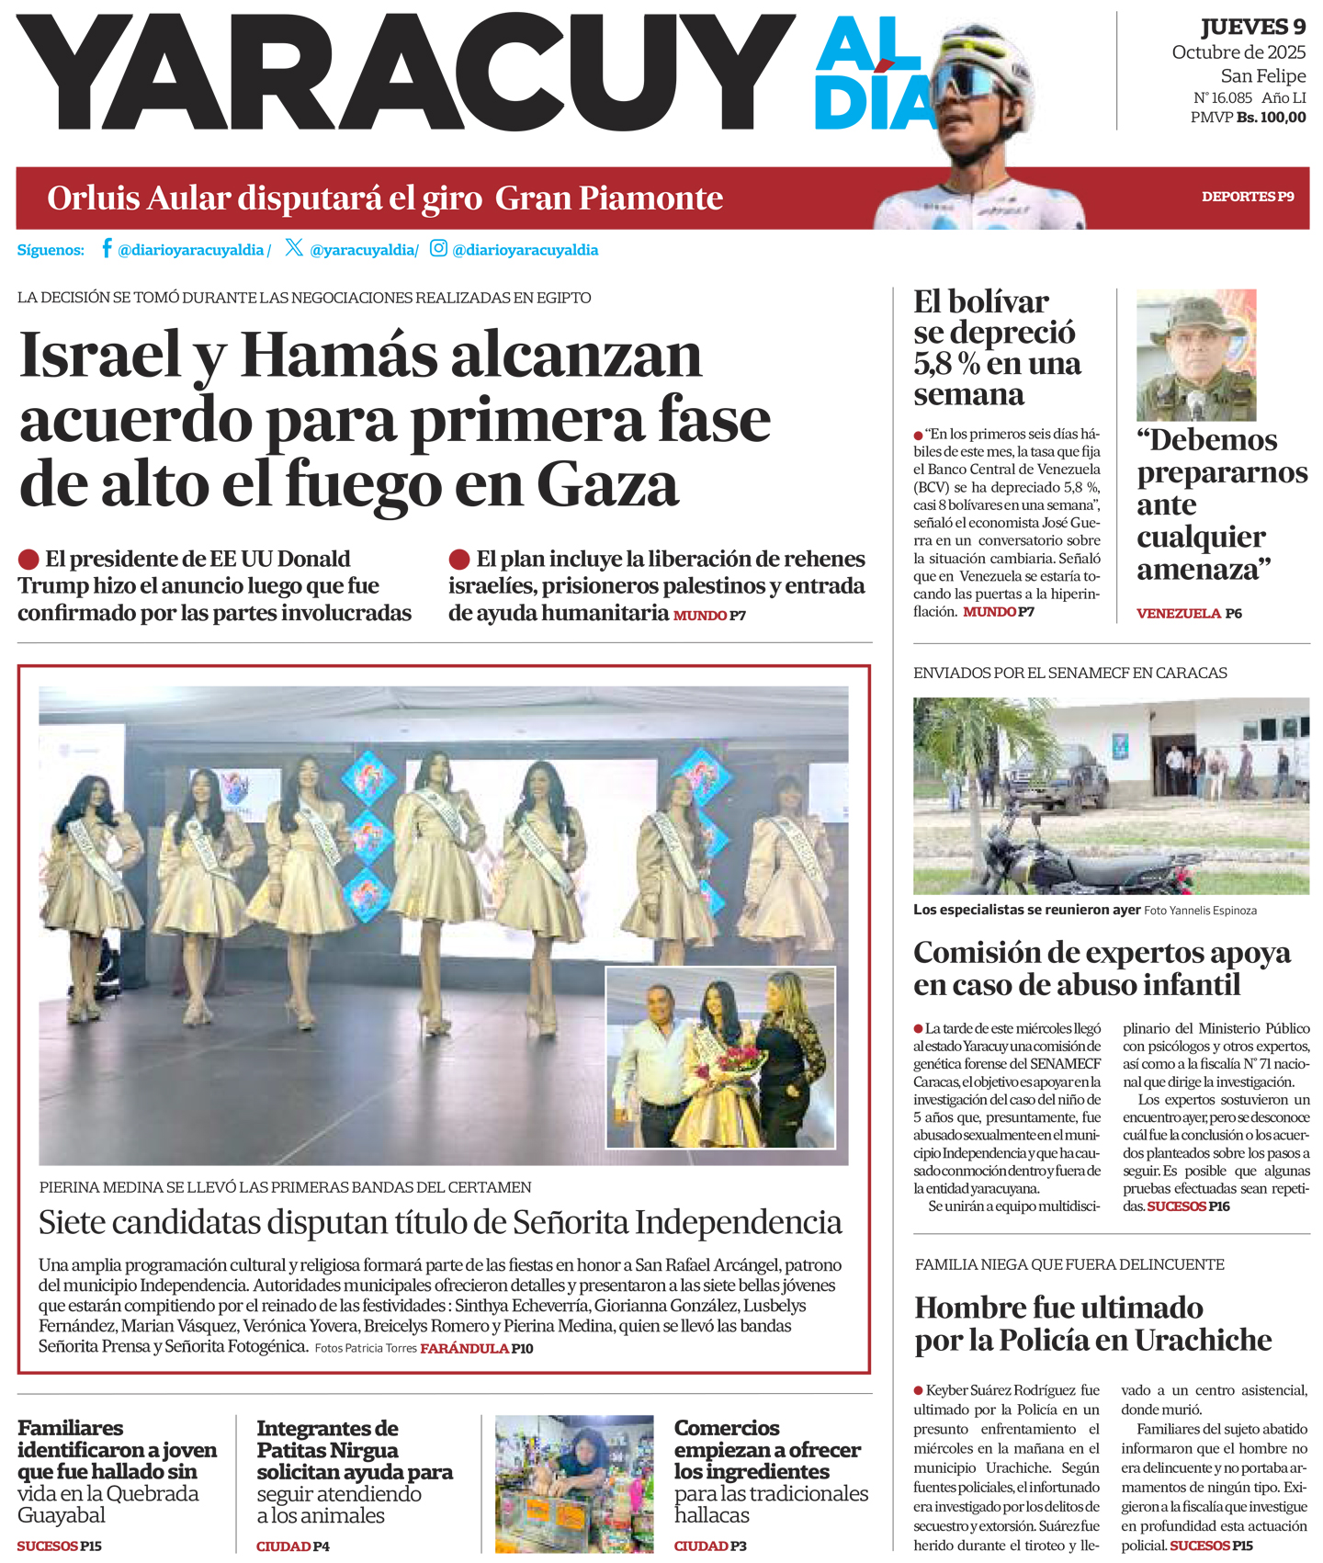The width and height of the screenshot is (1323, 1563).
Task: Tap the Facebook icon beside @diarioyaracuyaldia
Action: [x=107, y=248]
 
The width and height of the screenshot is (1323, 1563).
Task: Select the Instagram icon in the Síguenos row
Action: [x=439, y=248]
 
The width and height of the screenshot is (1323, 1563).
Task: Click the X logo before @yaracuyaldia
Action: [x=294, y=248]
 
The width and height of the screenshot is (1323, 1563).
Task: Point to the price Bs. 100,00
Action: [x=1271, y=118]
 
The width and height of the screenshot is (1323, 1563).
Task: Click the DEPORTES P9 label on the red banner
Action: [x=1248, y=197]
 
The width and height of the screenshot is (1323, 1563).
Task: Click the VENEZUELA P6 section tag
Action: [x=1189, y=613]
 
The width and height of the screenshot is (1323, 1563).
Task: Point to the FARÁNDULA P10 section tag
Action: [x=476, y=1348]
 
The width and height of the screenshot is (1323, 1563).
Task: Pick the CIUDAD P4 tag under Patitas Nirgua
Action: [x=292, y=1546]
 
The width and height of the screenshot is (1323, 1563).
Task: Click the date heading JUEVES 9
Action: [x=1252, y=28]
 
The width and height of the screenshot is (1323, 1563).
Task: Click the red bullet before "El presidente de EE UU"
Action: [x=28, y=559]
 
